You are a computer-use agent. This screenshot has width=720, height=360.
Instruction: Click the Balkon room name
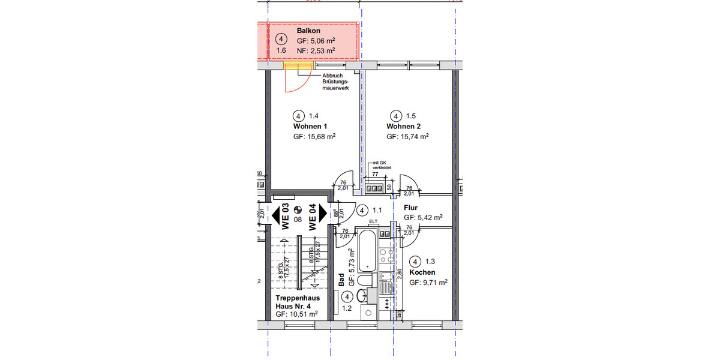coord(308,31)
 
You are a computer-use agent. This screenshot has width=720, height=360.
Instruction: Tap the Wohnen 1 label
coord(310,127)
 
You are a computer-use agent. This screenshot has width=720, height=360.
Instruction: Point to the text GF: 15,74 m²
coord(407,137)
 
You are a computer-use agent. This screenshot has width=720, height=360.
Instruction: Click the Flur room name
coord(411,208)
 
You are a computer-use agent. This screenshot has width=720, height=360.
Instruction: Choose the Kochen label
coord(422,272)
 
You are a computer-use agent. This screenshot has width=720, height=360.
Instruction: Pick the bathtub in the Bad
coord(367,250)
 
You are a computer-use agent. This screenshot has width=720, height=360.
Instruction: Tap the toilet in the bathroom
coord(365,280)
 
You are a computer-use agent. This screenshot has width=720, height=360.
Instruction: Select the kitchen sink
coord(386,282)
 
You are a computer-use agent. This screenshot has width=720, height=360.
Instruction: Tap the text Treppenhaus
coord(298,298)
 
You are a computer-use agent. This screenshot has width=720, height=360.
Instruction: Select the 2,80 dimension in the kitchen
coord(398,275)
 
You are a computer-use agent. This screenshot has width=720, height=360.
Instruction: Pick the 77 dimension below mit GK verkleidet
coord(375,174)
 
